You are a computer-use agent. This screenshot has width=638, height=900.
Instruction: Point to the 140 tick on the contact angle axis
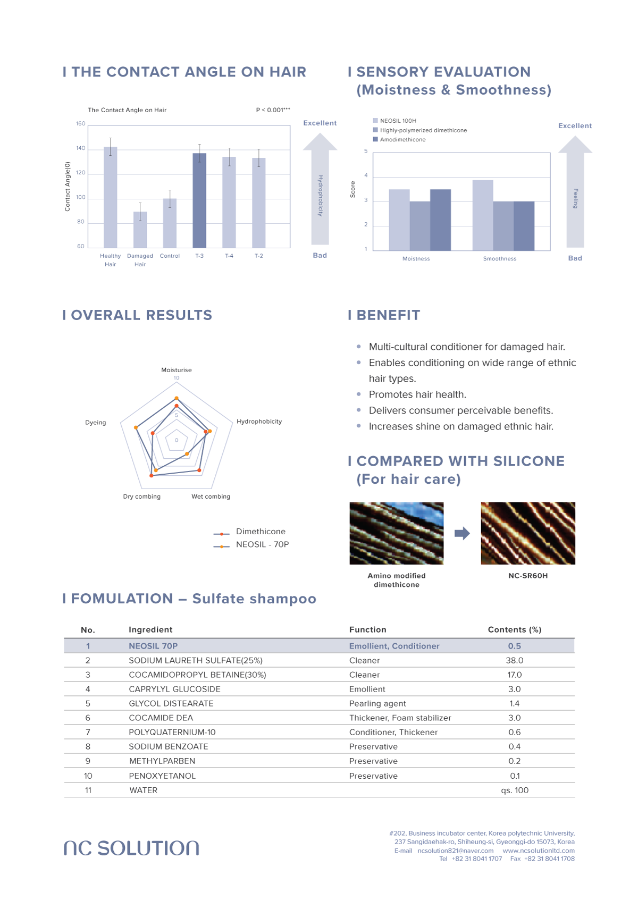(x=80, y=148)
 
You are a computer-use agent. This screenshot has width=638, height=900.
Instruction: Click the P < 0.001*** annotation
(x=273, y=110)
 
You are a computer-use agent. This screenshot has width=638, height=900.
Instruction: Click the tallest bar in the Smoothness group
(x=483, y=215)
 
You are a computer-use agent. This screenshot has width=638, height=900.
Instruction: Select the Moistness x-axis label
(x=416, y=259)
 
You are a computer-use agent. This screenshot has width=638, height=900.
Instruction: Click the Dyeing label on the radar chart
(x=96, y=423)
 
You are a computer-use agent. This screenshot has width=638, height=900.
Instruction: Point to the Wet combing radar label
(x=211, y=497)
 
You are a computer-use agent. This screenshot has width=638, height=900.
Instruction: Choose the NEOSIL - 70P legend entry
(x=262, y=544)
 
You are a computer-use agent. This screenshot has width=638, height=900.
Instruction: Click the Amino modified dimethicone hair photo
(x=397, y=533)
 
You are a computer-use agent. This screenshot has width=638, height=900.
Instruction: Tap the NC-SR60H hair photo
(x=528, y=533)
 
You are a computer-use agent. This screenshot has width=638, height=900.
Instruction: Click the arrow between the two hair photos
(x=462, y=533)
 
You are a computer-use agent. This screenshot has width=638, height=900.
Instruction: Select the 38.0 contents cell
(x=514, y=660)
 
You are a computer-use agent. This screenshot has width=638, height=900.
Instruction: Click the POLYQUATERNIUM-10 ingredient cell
(x=172, y=732)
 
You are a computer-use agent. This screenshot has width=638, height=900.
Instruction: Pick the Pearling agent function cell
(x=377, y=703)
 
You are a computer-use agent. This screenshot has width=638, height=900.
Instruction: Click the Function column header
(x=368, y=629)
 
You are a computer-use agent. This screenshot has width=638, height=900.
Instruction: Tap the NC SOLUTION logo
(x=131, y=848)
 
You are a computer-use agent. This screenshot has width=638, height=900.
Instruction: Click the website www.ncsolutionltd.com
(x=538, y=851)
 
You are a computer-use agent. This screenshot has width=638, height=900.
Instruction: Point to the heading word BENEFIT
(x=388, y=315)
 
